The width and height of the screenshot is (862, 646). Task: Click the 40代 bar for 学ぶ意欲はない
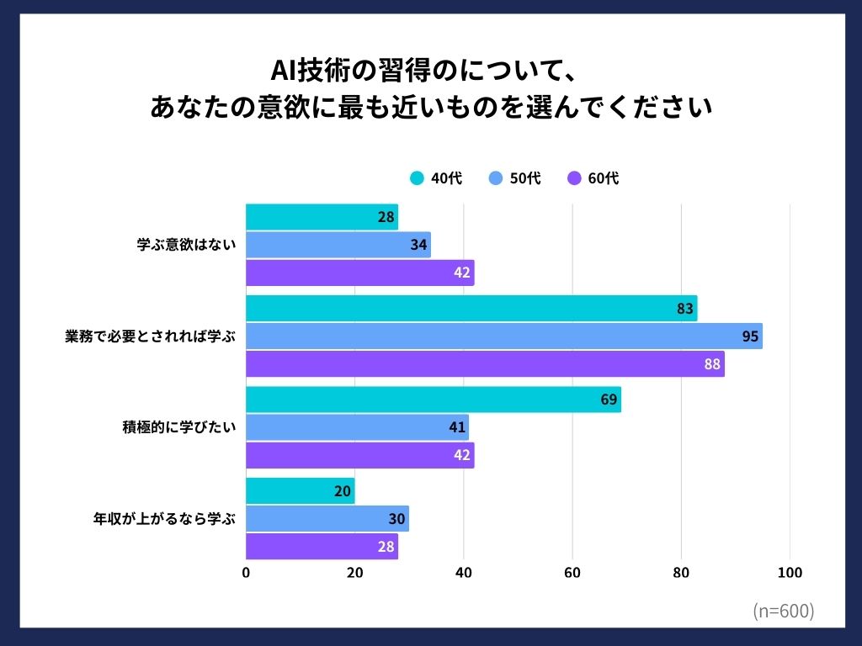tap(322, 217)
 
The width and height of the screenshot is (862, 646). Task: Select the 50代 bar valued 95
tap(503, 336)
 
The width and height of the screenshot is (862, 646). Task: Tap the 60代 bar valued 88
tap(485, 364)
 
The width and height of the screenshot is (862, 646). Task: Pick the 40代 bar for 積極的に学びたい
tap(433, 400)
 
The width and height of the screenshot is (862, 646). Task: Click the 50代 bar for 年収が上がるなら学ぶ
tap(327, 519)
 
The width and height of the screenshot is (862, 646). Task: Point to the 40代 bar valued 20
tap(300, 491)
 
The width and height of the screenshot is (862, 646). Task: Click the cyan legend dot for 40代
tap(417, 178)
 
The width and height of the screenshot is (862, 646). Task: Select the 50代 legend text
tap(525, 178)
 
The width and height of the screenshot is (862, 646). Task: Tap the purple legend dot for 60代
tap(574, 178)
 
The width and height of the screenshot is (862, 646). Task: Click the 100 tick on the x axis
tap(790, 573)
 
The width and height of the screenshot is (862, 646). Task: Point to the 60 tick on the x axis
tap(572, 573)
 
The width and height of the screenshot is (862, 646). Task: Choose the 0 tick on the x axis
tap(246, 573)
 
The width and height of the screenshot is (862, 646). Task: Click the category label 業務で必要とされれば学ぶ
tap(151, 336)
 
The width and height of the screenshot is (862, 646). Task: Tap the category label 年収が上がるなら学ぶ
tap(163, 519)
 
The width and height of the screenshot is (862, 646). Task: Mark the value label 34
tap(418, 245)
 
